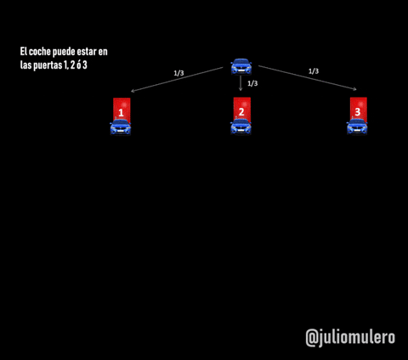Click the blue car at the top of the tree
(241, 66)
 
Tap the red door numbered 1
(122, 110)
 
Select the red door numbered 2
(242, 110)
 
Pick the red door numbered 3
(359, 110)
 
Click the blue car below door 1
(121, 127)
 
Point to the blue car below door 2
(241, 127)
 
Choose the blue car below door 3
(357, 127)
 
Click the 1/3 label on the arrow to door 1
(178, 73)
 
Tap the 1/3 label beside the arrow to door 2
(252, 83)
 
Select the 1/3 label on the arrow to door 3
(314, 71)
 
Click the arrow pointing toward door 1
(177, 80)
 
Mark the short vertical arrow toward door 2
(241, 83)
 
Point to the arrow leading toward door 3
(308, 78)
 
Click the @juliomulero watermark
(350, 338)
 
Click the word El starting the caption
(23, 52)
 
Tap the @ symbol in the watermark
(312, 338)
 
